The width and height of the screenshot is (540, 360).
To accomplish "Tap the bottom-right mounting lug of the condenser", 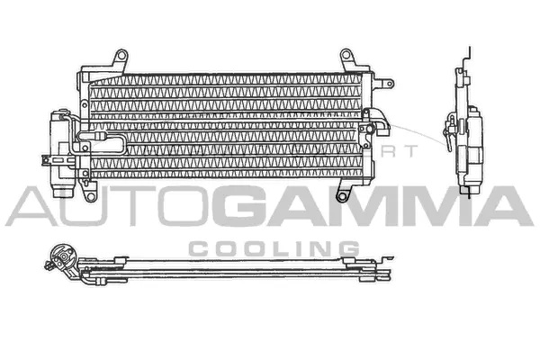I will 342,193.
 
